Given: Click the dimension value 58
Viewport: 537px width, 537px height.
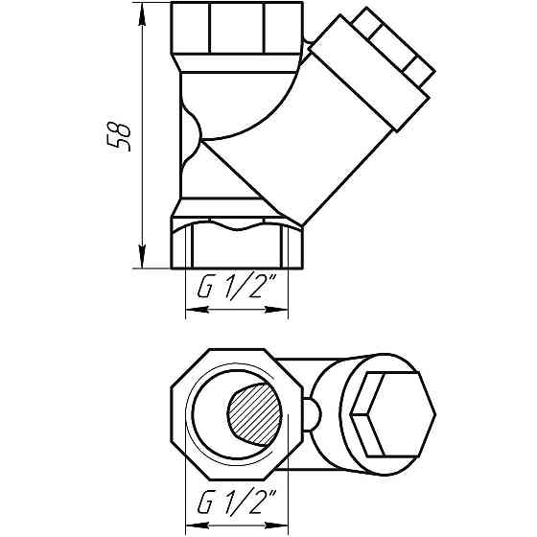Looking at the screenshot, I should coord(120,136).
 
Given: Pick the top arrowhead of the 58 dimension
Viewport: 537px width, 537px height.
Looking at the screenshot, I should coord(142,12).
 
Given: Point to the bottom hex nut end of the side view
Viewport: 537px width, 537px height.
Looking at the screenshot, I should coord(236,245).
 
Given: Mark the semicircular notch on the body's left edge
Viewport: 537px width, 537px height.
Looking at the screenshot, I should coord(190,134).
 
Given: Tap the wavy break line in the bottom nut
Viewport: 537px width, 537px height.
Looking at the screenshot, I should coord(236,227).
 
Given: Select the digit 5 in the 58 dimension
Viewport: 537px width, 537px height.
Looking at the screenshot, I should coord(120,145).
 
